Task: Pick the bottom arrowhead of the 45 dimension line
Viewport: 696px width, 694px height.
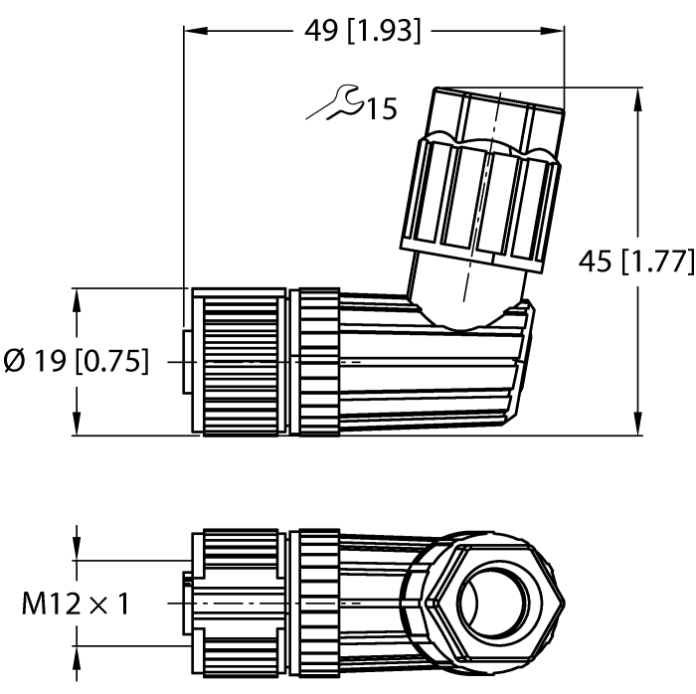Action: [637, 428]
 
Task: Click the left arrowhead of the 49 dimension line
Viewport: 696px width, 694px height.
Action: [193, 31]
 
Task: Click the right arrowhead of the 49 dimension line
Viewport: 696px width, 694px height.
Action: [556, 31]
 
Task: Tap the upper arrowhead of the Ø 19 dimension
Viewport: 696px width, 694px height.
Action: [77, 268]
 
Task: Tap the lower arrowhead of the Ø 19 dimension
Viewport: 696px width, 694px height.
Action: [77, 428]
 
